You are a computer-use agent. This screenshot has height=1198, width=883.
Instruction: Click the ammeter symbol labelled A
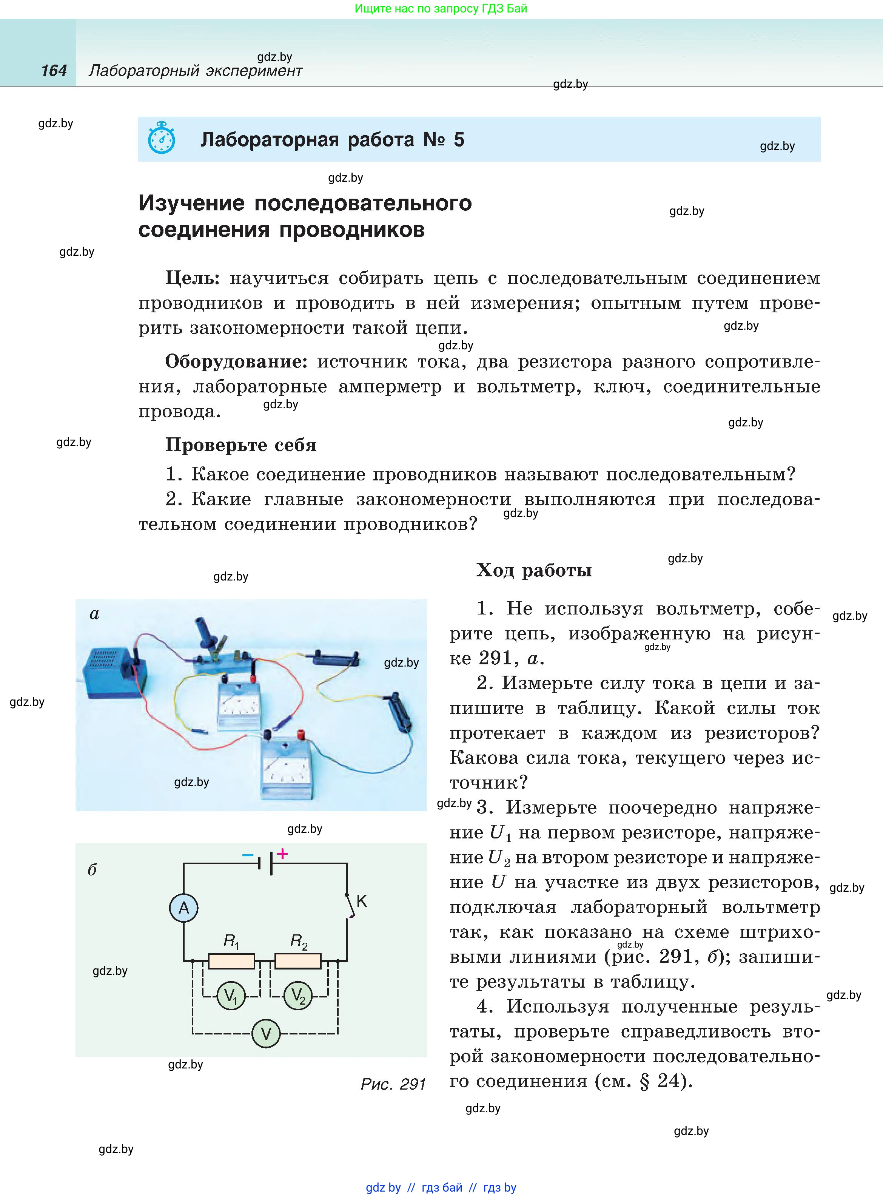click(x=184, y=908)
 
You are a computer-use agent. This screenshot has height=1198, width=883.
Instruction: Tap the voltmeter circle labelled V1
click(x=231, y=996)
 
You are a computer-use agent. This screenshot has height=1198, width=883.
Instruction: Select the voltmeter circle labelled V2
click(x=298, y=996)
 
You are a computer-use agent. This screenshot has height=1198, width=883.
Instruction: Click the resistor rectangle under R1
click(x=231, y=961)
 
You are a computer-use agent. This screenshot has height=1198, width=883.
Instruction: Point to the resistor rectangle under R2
click(x=298, y=961)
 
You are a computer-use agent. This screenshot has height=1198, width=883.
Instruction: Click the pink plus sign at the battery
click(x=282, y=854)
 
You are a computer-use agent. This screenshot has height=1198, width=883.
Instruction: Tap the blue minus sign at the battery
click(x=248, y=855)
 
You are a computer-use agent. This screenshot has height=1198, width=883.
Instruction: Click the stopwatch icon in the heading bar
click(x=162, y=139)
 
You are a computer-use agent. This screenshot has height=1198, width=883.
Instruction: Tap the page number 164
click(x=54, y=71)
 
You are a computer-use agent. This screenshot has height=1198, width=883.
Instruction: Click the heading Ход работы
click(x=533, y=570)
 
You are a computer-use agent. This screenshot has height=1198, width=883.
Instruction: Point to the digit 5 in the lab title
click(x=459, y=140)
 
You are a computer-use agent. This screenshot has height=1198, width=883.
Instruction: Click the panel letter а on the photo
click(x=95, y=614)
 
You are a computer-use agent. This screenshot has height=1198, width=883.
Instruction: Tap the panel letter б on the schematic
click(x=92, y=869)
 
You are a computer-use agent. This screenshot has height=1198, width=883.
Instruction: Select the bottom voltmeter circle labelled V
click(x=266, y=1033)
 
